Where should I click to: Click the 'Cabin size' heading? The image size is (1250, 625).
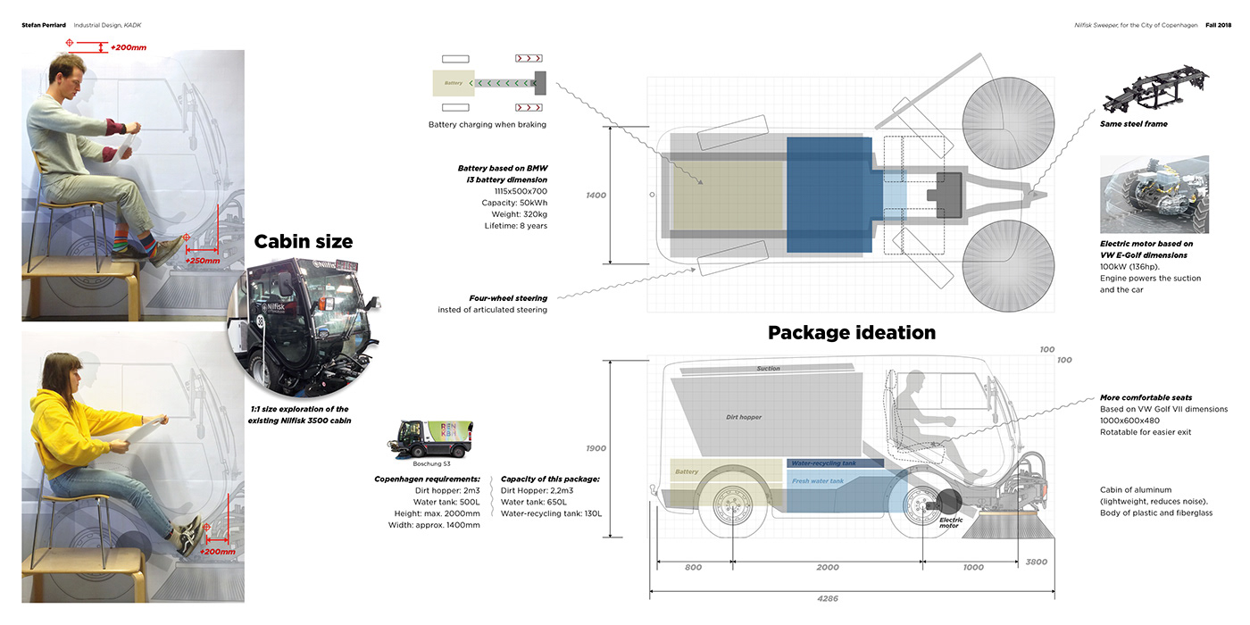304,241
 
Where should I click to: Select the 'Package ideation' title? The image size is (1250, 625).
851,333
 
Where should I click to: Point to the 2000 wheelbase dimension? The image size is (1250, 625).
827,567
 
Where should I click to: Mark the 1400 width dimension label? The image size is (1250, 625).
596,195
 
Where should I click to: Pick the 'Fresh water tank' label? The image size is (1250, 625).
817,481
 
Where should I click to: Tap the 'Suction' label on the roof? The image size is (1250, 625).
768,369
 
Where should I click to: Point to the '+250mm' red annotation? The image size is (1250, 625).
202,260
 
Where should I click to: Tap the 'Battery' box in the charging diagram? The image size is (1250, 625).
454,83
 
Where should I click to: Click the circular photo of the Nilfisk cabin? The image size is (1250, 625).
301,325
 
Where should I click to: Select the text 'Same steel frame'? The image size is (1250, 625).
1133,124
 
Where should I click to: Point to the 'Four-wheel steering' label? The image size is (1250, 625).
508,298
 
